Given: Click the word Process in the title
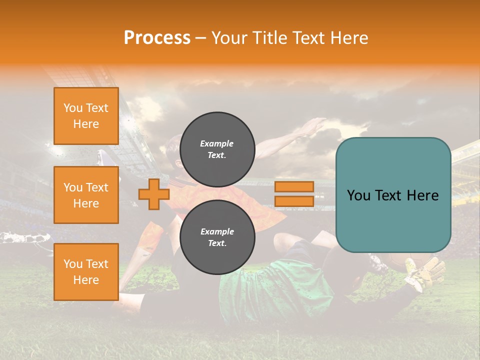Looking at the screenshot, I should pos(157,38).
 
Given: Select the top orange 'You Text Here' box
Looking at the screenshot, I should pos(86,116).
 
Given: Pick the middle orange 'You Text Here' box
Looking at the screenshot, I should pos(86,195).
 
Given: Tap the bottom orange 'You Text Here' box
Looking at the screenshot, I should pos(86,272).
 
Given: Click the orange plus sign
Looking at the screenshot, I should pos(153,194).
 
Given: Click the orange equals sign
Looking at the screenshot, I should pos(294,194).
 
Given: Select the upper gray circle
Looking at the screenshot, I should pos(217,149).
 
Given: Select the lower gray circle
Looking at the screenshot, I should pos(217,237).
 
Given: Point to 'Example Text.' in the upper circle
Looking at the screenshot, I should pos(217,149).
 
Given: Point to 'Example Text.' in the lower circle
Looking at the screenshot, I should pos(217,237).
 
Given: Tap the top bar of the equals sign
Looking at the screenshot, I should pos(294,187).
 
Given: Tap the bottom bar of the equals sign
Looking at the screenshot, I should pos(294,201).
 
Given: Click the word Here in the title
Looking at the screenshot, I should pos(348,38).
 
